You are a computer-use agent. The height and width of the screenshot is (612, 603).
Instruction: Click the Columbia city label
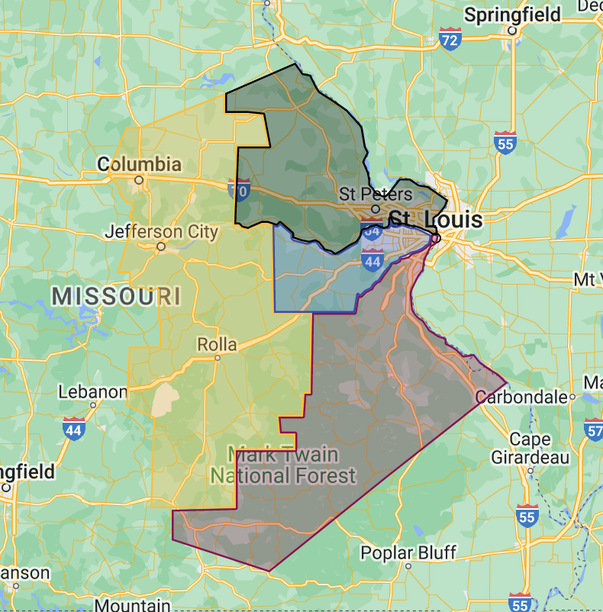[140, 164]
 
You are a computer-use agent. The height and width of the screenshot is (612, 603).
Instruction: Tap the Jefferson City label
[162, 231]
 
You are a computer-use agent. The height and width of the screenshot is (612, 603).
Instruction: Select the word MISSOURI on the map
[116, 296]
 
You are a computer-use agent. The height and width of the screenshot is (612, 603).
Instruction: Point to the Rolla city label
[217, 344]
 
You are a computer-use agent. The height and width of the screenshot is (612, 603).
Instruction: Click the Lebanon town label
[92, 392]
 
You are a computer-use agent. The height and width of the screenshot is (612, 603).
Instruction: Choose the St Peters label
[376, 194]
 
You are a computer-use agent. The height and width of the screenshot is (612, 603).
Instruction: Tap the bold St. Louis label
[437, 220]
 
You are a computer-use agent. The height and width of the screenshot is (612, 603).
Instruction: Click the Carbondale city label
[521, 397]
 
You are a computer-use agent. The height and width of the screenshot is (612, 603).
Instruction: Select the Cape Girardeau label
[540, 449]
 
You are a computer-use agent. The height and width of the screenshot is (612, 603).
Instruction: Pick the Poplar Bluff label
[408, 552]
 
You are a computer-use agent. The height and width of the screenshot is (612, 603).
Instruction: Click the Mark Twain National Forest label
[283, 465]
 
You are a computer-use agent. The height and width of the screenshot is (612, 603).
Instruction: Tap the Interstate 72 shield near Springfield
[450, 39]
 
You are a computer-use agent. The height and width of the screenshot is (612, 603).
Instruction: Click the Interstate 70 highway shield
[238, 190]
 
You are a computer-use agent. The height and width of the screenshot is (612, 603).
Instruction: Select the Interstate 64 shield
[372, 231]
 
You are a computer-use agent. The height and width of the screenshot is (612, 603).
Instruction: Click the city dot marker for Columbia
[139, 180]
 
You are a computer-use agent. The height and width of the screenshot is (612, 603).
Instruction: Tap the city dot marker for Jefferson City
[161, 246]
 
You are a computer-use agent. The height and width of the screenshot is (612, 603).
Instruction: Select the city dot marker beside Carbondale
[572, 397]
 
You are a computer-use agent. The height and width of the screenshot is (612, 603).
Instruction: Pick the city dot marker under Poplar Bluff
[408, 566]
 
